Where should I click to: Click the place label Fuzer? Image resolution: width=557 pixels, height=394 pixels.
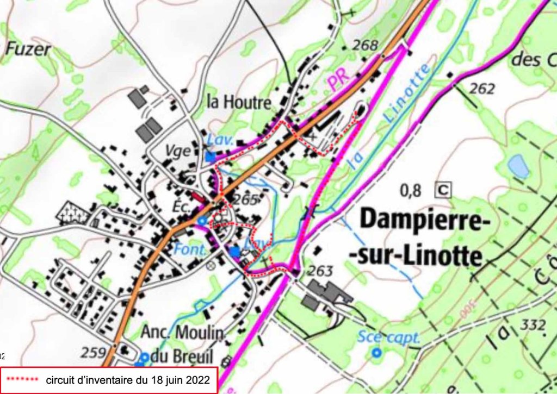point(28,49)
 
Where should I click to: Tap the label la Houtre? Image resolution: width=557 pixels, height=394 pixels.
point(239,102)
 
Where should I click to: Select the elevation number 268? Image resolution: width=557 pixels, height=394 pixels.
point(364,45)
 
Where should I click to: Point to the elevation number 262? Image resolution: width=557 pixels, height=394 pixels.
point(481,88)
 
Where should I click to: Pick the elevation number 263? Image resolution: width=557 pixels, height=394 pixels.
point(320,271)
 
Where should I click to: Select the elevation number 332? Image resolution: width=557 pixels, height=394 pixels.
point(533,324)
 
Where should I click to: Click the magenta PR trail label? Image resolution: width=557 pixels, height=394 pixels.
point(338,82)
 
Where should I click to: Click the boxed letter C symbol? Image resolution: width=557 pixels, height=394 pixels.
point(444,190)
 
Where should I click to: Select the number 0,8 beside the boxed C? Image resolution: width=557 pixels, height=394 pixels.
point(411,190)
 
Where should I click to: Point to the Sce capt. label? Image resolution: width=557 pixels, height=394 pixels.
point(389,337)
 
